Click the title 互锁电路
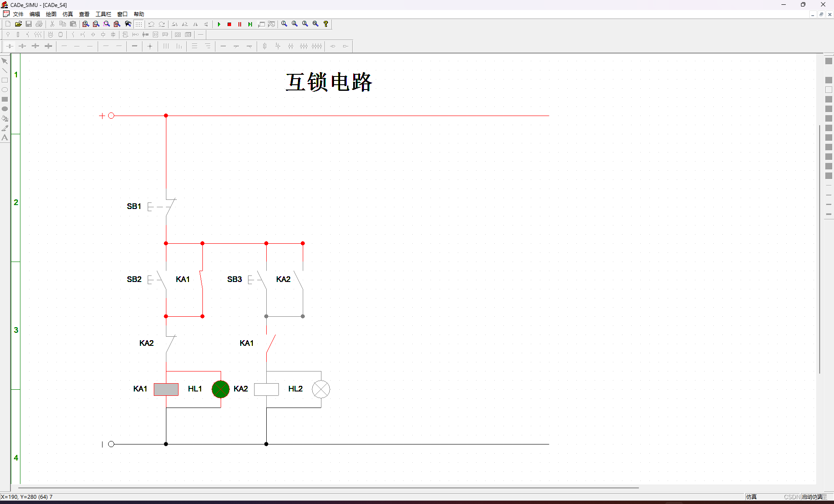tap(329, 82)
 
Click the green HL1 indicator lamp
tap(221, 389)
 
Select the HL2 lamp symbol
tap(321, 389)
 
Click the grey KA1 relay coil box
tap(166, 389)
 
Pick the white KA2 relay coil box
tap(266, 389)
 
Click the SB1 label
tap(134, 206)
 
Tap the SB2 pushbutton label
tap(134, 279)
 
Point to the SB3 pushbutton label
tap(234, 279)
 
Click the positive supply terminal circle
tap(111, 116)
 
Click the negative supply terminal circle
tap(111, 444)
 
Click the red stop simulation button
tap(229, 24)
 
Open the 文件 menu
tap(18, 14)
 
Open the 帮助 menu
tap(139, 14)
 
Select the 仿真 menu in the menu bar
tap(68, 14)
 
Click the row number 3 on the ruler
tap(16, 330)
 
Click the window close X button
tap(823, 4)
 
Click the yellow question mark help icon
tap(326, 24)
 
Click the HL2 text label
tap(295, 389)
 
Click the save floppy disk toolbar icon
tap(29, 24)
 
